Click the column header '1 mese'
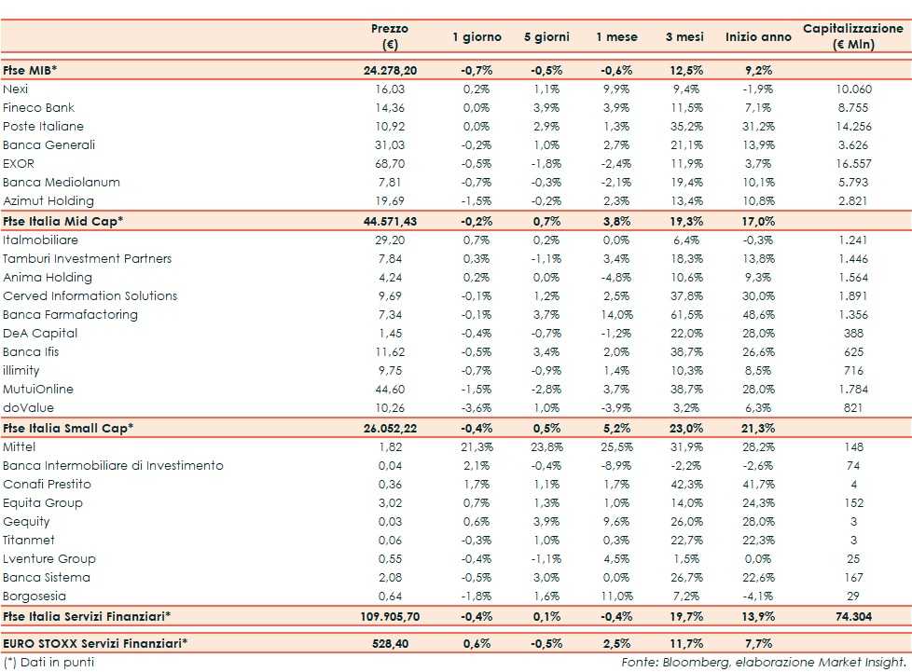click(616, 37)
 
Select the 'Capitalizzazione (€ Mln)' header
click(852, 36)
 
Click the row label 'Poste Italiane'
click(43, 126)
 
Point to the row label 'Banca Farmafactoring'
click(70, 314)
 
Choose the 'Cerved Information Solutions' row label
click(90, 295)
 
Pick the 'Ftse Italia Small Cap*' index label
click(68, 428)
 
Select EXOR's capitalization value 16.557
click(853, 163)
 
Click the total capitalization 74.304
click(853, 616)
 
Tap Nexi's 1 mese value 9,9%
click(616, 89)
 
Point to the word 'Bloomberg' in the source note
click(684, 662)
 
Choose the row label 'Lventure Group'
click(49, 558)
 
